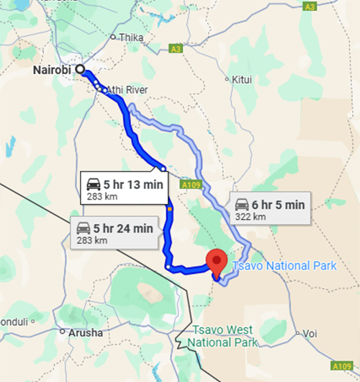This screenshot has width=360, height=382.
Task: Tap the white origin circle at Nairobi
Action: [x=80, y=70]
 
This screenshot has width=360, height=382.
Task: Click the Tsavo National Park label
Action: [x=283, y=265]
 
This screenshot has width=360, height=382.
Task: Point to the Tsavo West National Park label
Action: [x=223, y=335]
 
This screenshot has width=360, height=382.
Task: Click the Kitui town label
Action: [x=242, y=79]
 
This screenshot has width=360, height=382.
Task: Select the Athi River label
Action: [x=127, y=89]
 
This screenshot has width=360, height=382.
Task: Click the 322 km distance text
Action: [x=251, y=216]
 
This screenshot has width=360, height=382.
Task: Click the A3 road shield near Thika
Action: [x=176, y=49]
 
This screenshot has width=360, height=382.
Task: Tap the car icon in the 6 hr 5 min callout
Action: [x=243, y=204]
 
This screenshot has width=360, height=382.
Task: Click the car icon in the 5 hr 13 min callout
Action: [x=94, y=182]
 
